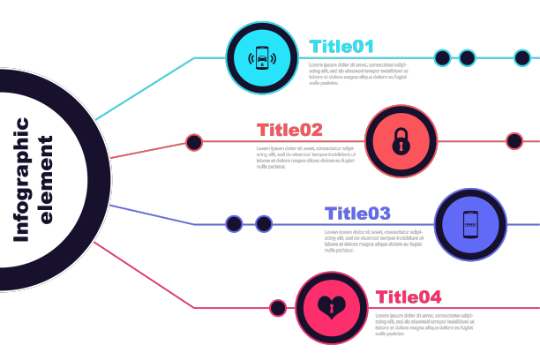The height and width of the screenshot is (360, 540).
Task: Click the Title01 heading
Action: [341, 47]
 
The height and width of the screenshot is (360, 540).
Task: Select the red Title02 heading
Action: [289, 131]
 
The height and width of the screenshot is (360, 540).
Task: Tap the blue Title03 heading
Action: [357, 214]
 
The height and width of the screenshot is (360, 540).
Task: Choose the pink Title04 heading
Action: [409, 297]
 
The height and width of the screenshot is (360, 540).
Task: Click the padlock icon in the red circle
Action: [401, 141]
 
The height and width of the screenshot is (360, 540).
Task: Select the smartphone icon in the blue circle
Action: [471, 225]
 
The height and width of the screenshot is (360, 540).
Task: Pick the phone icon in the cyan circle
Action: [262, 57]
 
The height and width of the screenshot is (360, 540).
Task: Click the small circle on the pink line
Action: [278, 308]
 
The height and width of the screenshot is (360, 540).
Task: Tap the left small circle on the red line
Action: [194, 141]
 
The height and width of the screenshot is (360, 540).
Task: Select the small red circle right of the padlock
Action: [514, 141]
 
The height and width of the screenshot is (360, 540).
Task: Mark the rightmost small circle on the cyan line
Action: [521, 58]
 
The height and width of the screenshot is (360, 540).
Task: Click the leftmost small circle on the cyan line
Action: [442, 58]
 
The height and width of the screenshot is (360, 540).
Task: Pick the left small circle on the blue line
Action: [234, 224]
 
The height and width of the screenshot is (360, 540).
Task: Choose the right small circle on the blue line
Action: [263, 224]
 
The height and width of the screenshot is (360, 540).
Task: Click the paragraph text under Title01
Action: [357, 73]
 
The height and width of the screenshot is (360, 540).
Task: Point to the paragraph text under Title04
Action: [424, 324]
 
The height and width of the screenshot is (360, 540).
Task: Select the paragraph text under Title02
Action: [306, 157]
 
